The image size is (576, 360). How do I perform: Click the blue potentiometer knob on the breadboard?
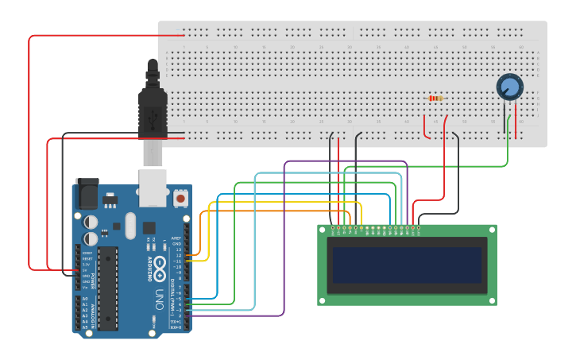[509, 86]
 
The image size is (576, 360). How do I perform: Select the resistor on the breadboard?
[435, 98]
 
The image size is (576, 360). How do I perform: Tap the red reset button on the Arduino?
[180, 196]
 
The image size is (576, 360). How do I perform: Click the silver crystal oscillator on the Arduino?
[130, 224]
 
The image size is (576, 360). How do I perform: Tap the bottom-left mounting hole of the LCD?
[322, 300]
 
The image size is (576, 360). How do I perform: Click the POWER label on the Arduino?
[93, 281]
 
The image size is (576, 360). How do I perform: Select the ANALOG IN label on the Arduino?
[93, 312]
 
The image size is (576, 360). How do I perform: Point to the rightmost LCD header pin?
[419, 228]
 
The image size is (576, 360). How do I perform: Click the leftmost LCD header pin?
[333, 228]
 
